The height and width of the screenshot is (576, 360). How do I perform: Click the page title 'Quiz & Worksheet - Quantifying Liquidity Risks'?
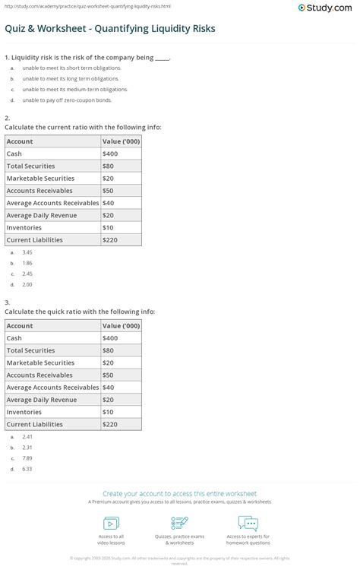pyautogui.click(x=110, y=29)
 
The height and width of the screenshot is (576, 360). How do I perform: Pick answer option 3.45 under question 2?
pyautogui.click(x=27, y=252)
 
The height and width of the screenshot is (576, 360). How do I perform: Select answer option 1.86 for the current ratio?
pyautogui.click(x=27, y=263)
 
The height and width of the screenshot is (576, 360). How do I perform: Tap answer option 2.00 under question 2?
pyautogui.click(x=27, y=285)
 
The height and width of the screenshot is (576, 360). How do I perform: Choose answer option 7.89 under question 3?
pyautogui.click(x=27, y=458)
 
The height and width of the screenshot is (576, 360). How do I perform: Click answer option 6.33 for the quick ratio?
pyautogui.click(x=27, y=469)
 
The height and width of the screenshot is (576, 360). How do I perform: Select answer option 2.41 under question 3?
pyautogui.click(x=27, y=437)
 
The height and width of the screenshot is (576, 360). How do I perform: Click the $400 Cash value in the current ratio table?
pyautogui.click(x=110, y=153)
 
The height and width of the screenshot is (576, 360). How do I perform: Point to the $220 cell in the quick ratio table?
pyautogui.click(x=110, y=424)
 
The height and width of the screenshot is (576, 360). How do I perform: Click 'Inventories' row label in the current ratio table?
pyautogui.click(x=24, y=227)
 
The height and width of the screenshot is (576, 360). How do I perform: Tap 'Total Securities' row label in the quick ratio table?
pyautogui.click(x=30, y=350)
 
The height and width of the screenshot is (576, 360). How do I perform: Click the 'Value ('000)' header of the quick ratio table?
pyautogui.click(x=121, y=325)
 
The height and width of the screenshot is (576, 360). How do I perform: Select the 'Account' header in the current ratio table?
pyautogui.click(x=20, y=141)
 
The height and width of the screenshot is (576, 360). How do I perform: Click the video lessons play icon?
pyautogui.click(x=111, y=524)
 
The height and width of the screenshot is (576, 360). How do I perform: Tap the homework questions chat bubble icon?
pyautogui.click(x=248, y=524)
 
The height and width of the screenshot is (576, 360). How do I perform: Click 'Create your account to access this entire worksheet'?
pyautogui.click(x=180, y=493)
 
